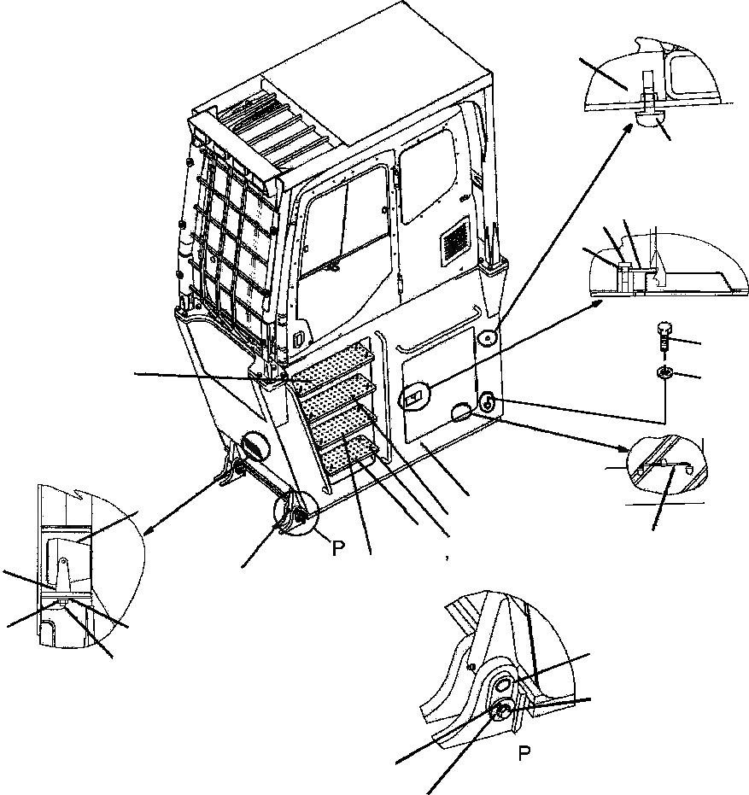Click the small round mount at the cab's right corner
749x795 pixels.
488,338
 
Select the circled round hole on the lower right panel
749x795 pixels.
489,403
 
